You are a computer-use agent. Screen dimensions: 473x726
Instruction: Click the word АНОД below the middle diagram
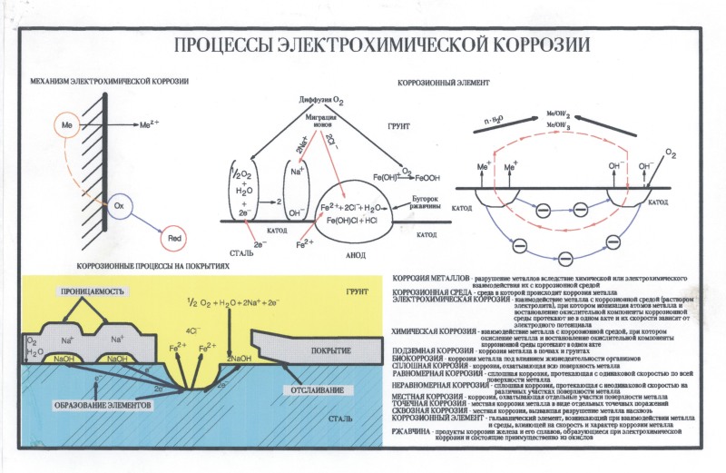point(356,254)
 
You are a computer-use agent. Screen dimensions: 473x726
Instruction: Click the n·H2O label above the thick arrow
point(493,119)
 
